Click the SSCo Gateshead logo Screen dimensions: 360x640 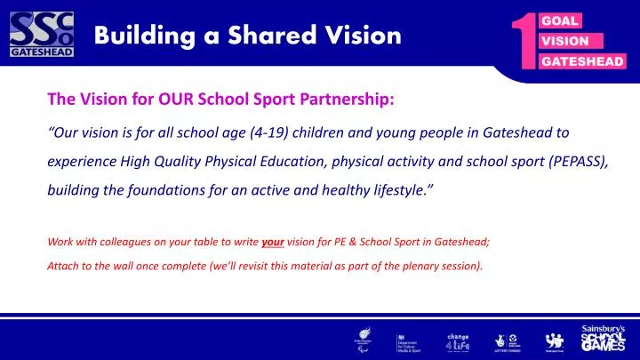coord(41,35)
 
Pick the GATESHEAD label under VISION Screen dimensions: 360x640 coord(582,61)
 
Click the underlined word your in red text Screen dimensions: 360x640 coord(273,243)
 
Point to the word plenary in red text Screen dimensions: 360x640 coord(411,264)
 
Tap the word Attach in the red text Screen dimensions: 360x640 coord(60,264)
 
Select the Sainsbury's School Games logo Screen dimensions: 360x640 coord(603,338)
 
